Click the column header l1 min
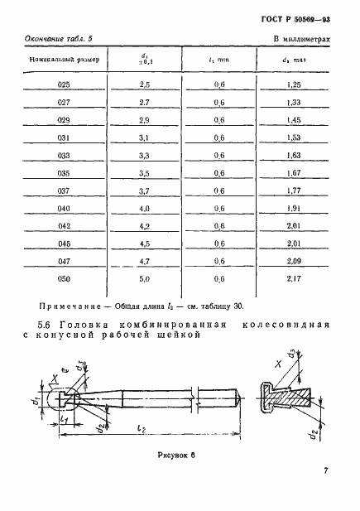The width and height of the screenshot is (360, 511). coord(218,60)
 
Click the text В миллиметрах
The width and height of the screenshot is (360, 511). coord(305,40)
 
